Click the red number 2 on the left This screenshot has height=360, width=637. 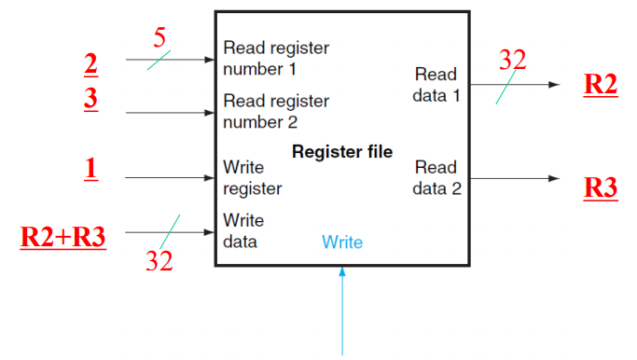[90, 64]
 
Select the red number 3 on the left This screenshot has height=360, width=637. [90, 98]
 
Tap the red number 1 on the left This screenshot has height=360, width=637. [90, 168]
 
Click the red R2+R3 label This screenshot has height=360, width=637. [62, 236]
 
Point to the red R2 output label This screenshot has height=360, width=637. [600, 83]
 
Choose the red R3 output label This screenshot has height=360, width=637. [600, 187]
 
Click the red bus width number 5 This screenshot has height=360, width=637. [159, 38]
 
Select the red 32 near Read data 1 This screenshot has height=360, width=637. [512, 60]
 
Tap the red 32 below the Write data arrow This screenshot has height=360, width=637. [159, 260]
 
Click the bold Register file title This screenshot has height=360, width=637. [342, 151]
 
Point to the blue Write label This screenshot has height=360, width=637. [342, 242]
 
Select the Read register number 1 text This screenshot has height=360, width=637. [276, 57]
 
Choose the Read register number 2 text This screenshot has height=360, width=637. [276, 109]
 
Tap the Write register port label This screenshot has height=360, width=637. [253, 177]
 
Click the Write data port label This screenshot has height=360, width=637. [243, 230]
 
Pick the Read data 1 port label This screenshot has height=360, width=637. [436, 83]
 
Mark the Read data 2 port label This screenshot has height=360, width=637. [436, 177]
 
